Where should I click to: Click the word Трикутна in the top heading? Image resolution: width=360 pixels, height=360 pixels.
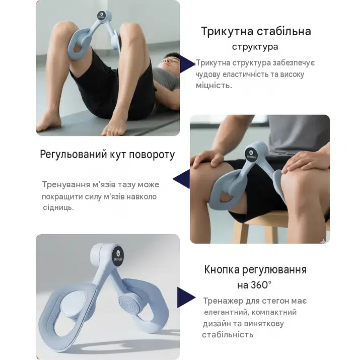227,31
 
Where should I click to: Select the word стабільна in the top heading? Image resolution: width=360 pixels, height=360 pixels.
284,31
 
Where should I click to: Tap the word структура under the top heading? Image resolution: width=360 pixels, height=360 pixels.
255,47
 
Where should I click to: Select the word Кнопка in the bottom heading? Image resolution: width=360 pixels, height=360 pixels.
222,269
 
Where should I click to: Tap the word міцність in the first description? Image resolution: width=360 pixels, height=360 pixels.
214,86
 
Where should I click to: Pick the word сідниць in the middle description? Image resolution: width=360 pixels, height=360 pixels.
58,208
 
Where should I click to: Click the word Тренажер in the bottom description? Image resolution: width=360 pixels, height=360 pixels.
223,301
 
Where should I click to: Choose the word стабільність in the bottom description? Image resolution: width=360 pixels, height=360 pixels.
228,335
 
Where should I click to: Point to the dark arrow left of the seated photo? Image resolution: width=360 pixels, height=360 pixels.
181,179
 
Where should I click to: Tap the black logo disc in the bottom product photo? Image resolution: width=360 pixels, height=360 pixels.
118,256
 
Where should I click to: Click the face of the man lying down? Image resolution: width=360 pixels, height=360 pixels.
171,60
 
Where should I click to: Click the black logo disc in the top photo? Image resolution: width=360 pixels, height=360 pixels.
101,15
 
